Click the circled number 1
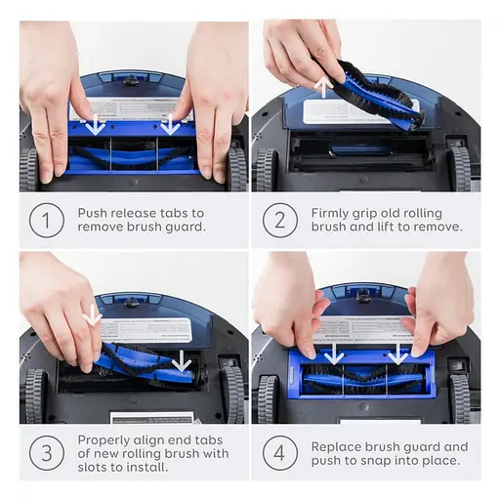click(47, 221)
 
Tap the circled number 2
click(280, 221)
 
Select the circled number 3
click(47, 453)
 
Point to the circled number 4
click(280, 453)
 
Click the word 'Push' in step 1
click(93, 213)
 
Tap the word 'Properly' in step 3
click(104, 440)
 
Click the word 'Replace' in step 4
click(336, 447)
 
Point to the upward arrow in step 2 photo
click(324, 86)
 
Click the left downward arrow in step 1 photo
click(96, 125)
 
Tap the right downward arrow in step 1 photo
click(170, 125)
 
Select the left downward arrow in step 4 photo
click(334, 354)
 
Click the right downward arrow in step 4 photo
click(398, 354)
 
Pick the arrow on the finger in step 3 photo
click(93, 315)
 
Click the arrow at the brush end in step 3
click(182, 361)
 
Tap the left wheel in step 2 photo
click(265, 169)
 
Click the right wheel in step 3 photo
click(233, 395)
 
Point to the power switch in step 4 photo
click(457, 366)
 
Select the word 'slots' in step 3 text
click(93, 468)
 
